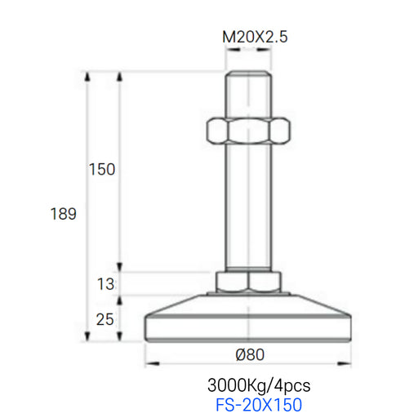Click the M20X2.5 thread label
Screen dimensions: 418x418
255,37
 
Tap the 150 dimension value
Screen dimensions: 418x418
102,169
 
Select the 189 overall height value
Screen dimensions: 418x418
64,214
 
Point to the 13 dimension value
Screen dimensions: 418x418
105,284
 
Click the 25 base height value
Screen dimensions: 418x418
104,319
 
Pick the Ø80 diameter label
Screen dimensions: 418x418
250,354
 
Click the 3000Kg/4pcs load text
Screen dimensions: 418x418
259,386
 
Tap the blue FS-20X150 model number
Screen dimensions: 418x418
259,405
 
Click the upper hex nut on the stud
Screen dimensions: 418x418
248,131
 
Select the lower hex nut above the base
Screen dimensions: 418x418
248,282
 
